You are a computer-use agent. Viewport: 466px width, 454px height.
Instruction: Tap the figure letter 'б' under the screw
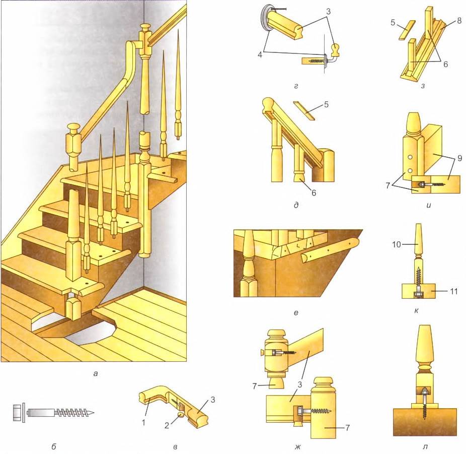[x=54, y=446]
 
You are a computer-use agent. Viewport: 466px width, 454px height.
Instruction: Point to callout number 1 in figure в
[x=144, y=422]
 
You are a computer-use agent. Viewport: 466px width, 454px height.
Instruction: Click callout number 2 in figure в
[x=167, y=425]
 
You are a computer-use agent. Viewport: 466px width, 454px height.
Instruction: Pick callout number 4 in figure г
[x=260, y=55]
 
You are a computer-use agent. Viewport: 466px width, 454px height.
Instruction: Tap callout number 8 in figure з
[x=459, y=21]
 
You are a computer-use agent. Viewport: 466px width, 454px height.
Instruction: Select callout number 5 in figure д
[x=326, y=104]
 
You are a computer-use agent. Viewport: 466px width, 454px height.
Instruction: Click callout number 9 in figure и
[x=459, y=158]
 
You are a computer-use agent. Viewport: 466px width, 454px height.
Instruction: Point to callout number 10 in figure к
[x=397, y=244]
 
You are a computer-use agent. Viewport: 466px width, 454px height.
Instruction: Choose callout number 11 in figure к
[x=453, y=291]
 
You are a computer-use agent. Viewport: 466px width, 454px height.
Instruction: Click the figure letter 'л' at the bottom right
[x=425, y=447]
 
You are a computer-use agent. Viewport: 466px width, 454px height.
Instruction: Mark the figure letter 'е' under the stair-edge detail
[x=296, y=313]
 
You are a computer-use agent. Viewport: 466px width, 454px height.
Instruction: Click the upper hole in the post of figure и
[x=411, y=157]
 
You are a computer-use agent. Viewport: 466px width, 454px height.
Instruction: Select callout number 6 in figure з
[x=445, y=64]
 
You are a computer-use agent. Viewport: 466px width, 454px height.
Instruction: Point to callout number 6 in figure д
[x=314, y=193]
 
